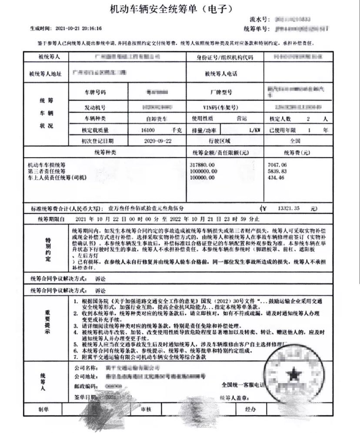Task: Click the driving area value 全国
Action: coord(296,141)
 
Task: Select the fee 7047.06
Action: coord(279,165)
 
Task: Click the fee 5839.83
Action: coord(279,171)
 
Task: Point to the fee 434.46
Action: coord(277,178)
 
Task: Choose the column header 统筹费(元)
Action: coord(297,153)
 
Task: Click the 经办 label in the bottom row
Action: coord(250,410)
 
